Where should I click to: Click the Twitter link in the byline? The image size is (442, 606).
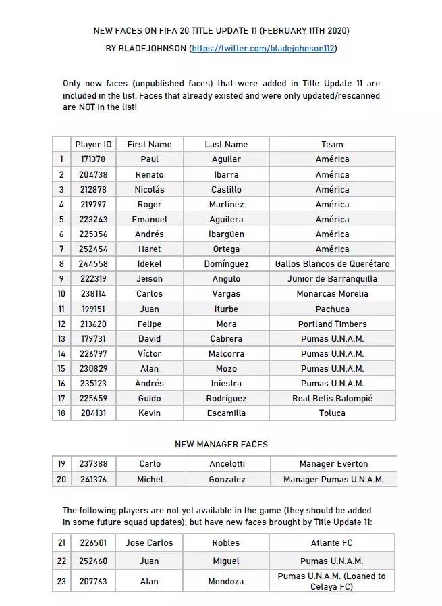point(263,49)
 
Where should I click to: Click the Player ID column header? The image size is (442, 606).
point(93,144)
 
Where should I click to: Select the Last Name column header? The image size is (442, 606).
point(226,144)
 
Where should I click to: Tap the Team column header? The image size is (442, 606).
point(332,144)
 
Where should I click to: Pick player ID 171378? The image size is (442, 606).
point(93,159)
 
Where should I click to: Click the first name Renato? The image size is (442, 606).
point(149,174)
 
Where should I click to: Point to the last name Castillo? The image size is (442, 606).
point(226,189)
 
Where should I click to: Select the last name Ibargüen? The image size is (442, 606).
point(226,234)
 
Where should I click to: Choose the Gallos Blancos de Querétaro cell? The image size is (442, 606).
point(332,263)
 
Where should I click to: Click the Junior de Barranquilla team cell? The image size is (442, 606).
point(332,278)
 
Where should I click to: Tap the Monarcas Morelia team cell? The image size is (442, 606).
point(332,293)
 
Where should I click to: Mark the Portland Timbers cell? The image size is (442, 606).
point(332,324)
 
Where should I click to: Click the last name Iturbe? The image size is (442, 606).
point(226,309)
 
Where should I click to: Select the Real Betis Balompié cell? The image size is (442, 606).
point(332,398)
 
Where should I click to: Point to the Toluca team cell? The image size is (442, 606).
point(332,413)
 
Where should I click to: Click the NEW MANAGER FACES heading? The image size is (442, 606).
point(221,444)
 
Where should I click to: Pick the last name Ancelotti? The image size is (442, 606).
point(226,464)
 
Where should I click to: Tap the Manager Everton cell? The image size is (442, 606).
point(333,464)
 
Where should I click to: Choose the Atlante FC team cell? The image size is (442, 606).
point(332,542)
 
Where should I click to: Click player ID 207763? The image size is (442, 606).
point(93,581)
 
